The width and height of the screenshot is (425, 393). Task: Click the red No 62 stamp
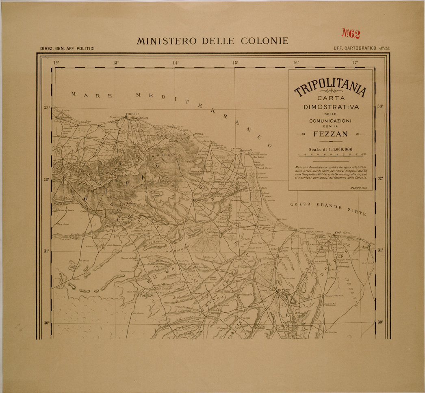(351, 34)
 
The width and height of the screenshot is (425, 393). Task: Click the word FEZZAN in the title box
(330, 134)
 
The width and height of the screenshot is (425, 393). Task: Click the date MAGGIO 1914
(357, 188)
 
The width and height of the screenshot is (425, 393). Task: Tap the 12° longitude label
(56, 63)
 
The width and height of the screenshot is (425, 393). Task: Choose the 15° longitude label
(236, 63)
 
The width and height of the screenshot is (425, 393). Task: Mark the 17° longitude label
(356, 63)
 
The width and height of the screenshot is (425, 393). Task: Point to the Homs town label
(199, 134)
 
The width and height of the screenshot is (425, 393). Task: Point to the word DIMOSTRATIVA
(330, 107)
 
